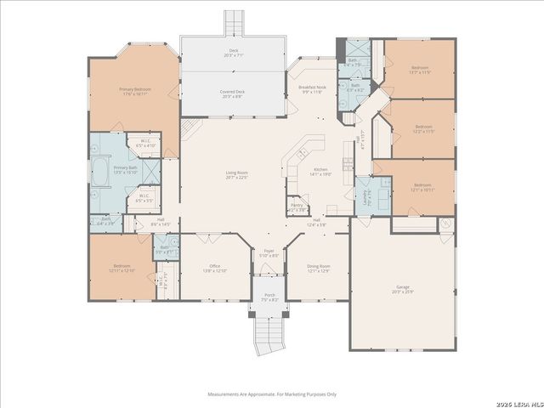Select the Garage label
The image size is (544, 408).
pyautogui.click(x=401, y=290)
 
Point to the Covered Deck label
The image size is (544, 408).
pyautogui.click(x=232, y=93)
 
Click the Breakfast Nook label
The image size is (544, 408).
pyautogui.click(x=311, y=89)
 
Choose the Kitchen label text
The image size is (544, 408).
pyautogui.click(x=321, y=172)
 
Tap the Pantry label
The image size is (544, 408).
pyautogui.click(x=297, y=207)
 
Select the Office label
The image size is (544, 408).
pyautogui.click(x=214, y=268)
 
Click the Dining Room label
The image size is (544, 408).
pyautogui.click(x=319, y=268)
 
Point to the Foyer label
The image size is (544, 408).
pyautogui.click(x=269, y=253)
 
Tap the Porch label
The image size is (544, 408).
pyautogui.click(x=269, y=297)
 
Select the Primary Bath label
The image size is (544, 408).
pyautogui.click(x=126, y=169)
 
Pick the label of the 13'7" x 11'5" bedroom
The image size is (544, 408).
pyautogui.click(x=421, y=70)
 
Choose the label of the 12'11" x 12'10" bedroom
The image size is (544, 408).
pyautogui.click(x=122, y=268)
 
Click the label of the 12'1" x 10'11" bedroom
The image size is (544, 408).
pyautogui.click(x=422, y=187)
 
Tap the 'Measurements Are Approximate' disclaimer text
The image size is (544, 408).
pyautogui.click(x=272, y=394)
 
